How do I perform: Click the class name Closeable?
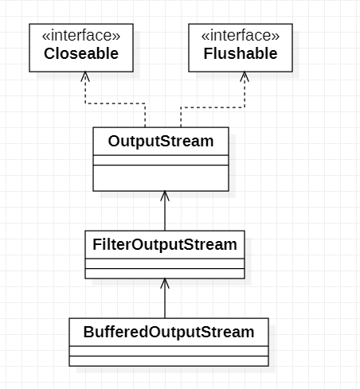pyautogui.click(x=80, y=54)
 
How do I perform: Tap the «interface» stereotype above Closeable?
pyautogui.click(x=80, y=36)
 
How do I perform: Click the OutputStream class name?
pyautogui.click(x=161, y=142)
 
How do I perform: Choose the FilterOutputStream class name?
pyautogui.click(x=164, y=244)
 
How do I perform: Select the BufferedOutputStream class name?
pyautogui.click(x=168, y=332)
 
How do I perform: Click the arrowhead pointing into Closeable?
pyautogui.click(x=85, y=77)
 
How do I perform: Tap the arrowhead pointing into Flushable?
pyautogui.click(x=244, y=77)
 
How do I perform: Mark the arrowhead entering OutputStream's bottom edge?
pyautogui.click(x=165, y=196)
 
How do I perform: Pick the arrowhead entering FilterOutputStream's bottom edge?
pyautogui.click(x=165, y=284)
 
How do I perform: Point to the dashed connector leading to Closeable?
pyautogui.click(x=115, y=103)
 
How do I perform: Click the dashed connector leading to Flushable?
pyautogui.click(x=212, y=103)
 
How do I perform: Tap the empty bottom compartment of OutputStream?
pyautogui.click(x=161, y=178)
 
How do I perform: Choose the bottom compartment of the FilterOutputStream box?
pyautogui.click(x=164, y=274)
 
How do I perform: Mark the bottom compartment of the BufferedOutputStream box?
pyautogui.click(x=168, y=361)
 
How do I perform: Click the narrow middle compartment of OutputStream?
pyautogui.click(x=161, y=160)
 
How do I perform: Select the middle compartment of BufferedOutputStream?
pyautogui.click(x=168, y=351)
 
